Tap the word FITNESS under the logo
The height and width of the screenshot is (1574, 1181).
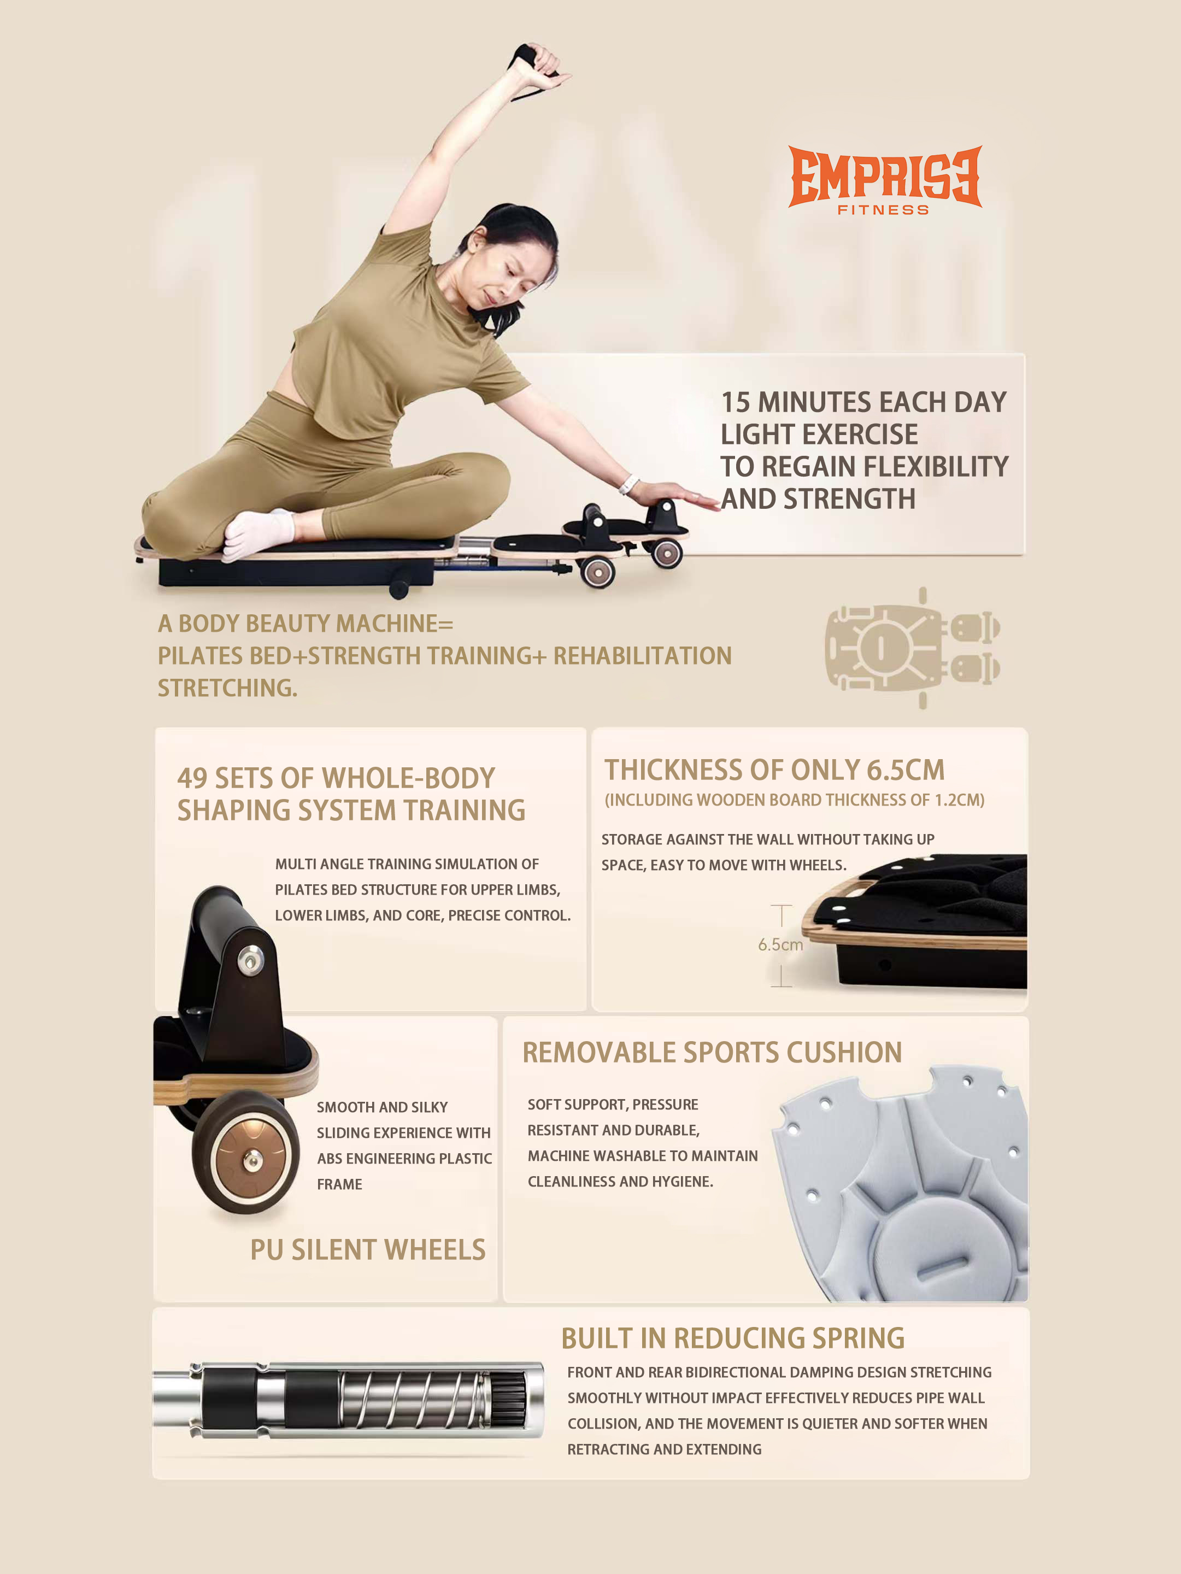[x=883, y=210]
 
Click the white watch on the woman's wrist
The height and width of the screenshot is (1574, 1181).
[x=627, y=484]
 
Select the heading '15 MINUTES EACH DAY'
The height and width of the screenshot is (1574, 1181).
[x=863, y=402]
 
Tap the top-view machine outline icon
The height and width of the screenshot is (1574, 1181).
[x=913, y=648]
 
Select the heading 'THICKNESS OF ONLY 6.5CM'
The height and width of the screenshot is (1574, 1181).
[x=774, y=770]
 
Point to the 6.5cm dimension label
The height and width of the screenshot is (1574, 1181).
[x=780, y=945]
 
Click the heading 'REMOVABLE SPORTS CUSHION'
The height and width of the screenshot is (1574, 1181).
[x=712, y=1053]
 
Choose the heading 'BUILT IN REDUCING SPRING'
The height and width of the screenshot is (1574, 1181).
[x=733, y=1338]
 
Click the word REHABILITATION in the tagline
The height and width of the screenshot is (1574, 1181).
[x=643, y=656]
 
